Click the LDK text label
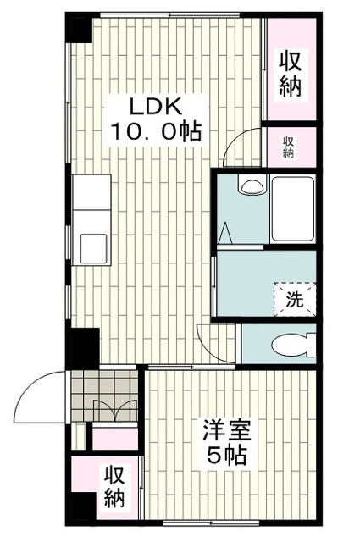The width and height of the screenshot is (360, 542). (156, 108)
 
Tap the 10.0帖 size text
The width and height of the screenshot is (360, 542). (156, 133)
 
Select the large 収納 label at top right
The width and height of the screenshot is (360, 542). (290, 74)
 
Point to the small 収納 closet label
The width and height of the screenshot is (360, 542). (288, 147)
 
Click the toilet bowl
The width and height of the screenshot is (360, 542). (293, 344)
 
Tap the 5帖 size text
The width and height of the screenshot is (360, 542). (225, 455)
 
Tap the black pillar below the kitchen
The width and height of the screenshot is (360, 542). (83, 346)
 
